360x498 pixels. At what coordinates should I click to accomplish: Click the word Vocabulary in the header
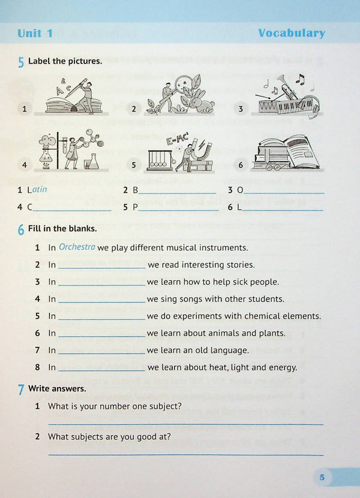tap(291, 33)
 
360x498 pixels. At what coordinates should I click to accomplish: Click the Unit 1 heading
tap(35, 34)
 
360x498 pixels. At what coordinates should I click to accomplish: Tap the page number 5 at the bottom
tap(322, 478)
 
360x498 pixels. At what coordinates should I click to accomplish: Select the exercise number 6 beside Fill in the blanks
tap(21, 229)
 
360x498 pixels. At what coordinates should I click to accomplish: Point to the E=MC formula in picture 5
tap(178, 143)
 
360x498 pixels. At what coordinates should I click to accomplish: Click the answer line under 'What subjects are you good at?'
tap(185, 454)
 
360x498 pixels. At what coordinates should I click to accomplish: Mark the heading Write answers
tap(57, 389)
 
